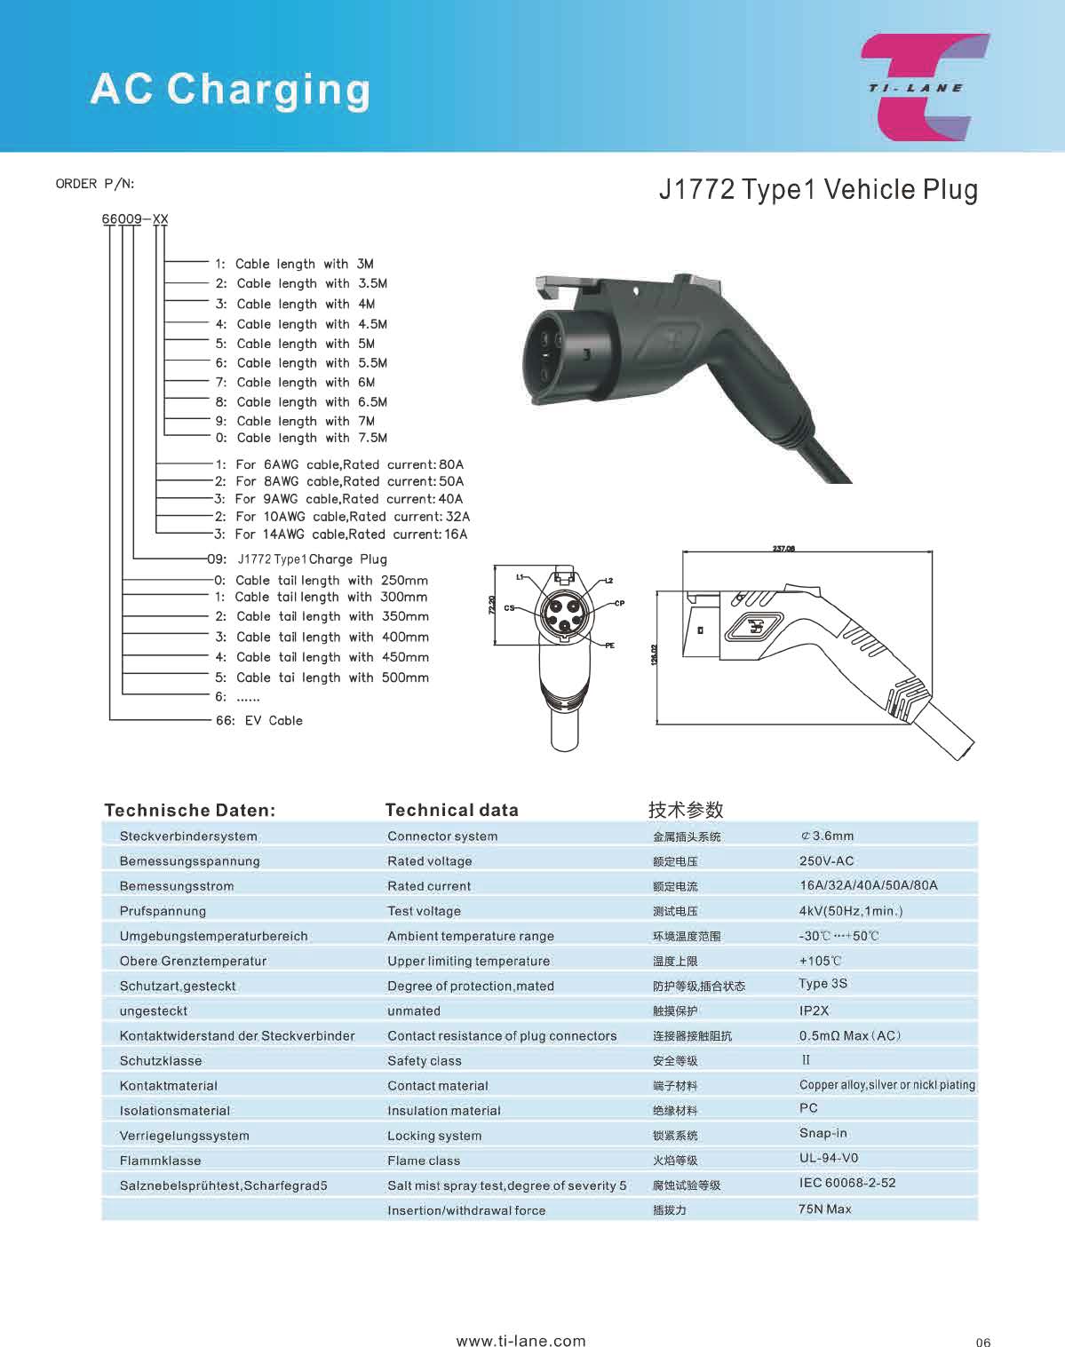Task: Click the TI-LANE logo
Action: [924, 87]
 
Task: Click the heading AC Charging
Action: [230, 90]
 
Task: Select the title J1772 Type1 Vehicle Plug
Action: [817, 189]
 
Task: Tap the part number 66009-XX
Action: [134, 218]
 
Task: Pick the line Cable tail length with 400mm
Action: [332, 637]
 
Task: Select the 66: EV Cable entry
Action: [259, 720]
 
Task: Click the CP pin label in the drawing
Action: [619, 603]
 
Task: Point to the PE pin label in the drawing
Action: [609, 646]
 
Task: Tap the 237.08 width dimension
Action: [783, 549]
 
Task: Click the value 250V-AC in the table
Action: [826, 860]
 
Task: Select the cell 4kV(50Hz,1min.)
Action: [850, 910]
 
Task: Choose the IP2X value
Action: [814, 1010]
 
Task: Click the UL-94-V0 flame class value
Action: [829, 1158]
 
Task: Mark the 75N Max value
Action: [824, 1208]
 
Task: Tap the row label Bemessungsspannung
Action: [189, 860]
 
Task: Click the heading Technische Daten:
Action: [189, 810]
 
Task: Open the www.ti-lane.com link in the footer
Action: [521, 1341]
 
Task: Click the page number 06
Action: [982, 1342]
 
